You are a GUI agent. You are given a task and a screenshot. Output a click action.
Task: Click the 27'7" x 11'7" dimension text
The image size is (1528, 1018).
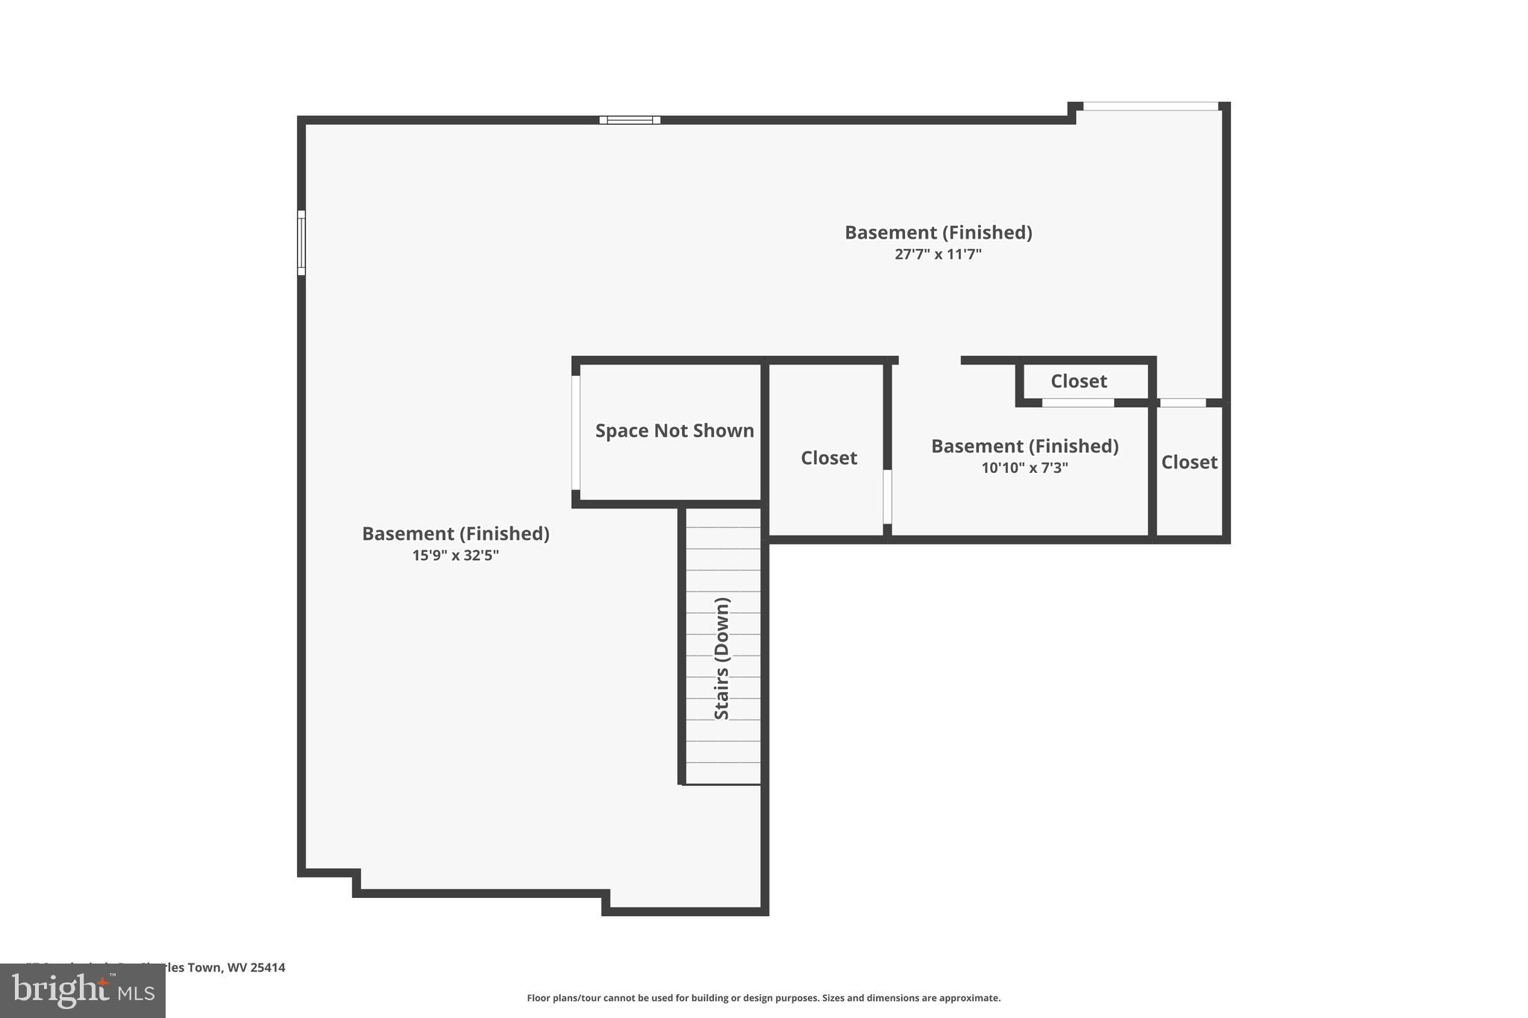click(938, 254)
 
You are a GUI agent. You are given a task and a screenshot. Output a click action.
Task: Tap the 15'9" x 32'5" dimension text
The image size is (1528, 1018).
click(455, 556)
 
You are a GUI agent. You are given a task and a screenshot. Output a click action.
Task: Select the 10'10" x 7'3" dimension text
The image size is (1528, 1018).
click(1024, 468)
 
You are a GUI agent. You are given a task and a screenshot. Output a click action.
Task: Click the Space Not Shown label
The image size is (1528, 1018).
click(674, 431)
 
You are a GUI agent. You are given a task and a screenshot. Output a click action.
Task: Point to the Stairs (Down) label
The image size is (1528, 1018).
click(721, 659)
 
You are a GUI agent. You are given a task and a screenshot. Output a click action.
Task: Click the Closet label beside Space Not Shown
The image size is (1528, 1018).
click(828, 458)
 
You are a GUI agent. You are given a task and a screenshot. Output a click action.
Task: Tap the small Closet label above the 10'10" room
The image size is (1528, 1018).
click(1078, 381)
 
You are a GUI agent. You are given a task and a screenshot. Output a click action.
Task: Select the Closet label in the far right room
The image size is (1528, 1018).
click(1189, 462)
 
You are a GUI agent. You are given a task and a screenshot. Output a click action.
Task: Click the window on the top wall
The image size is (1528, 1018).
click(630, 120)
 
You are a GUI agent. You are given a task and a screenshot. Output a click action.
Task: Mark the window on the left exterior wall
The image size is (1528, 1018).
click(301, 243)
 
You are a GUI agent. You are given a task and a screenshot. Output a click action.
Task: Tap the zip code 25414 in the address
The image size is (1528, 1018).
click(268, 968)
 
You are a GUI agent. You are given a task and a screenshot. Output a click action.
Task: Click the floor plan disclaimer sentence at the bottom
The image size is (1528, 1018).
click(763, 998)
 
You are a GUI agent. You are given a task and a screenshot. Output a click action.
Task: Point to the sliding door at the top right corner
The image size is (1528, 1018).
click(1150, 107)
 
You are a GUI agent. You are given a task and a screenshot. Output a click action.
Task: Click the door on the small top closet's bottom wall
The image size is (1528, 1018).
click(1077, 403)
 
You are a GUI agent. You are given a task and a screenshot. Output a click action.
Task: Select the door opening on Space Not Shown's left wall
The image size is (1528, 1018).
click(576, 433)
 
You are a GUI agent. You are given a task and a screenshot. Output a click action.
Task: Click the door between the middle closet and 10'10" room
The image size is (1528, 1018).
click(887, 497)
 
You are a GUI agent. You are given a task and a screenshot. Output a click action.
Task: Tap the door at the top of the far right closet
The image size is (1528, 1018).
click(1183, 403)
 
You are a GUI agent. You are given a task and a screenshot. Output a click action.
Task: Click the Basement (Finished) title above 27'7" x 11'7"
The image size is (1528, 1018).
click(938, 233)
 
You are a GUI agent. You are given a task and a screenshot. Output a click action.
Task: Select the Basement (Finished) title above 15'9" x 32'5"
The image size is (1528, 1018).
click(455, 534)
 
